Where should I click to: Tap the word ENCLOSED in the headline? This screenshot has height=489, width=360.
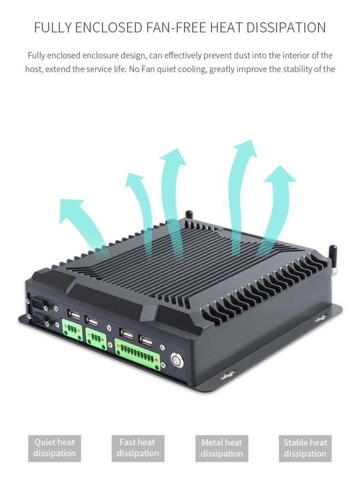click(x=109, y=28)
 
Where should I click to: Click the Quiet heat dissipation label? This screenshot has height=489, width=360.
click(x=55, y=448)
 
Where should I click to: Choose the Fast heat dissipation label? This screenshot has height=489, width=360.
click(x=138, y=448)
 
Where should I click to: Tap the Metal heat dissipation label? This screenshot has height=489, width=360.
click(x=222, y=448)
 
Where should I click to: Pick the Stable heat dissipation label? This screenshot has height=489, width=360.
click(x=305, y=448)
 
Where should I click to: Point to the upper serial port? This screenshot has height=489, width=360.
click(x=38, y=303)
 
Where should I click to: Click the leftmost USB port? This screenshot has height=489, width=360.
click(x=74, y=315)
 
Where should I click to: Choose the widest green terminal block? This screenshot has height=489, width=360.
click(x=138, y=354)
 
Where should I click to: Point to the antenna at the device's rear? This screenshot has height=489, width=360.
click(x=188, y=215)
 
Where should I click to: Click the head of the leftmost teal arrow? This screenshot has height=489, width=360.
click(x=72, y=209)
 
